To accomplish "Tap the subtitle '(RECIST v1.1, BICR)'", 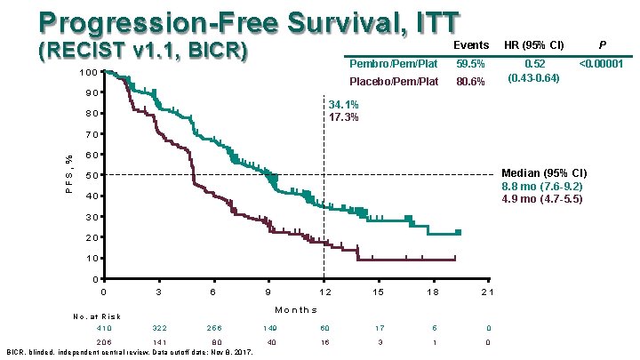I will (142, 52).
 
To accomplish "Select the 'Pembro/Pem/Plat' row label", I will (393, 65).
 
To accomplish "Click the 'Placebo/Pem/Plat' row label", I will (394, 82).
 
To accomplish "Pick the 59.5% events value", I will (470, 65).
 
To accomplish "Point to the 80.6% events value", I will (470, 82).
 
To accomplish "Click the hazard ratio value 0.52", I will (535, 65).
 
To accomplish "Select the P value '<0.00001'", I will (601, 65).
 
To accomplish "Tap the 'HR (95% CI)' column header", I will (534, 45).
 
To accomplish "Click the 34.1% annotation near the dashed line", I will (344, 104).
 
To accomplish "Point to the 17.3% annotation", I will (344, 117).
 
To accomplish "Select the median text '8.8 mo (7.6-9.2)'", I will (542, 186).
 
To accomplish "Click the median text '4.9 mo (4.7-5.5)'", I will (542, 199).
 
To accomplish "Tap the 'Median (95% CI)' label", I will (543, 172).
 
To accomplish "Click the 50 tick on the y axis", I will (92, 175).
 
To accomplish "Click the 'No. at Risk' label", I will (97, 316).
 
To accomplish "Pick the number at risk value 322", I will (159, 328).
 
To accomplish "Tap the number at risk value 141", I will (159, 342).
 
